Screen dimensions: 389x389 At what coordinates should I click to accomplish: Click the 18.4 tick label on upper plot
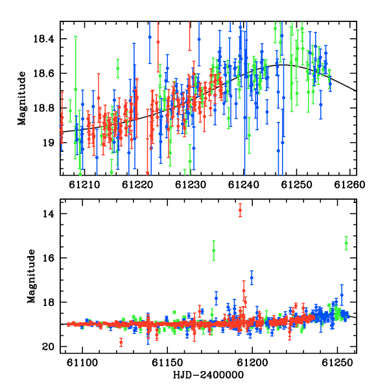pyautogui.click(x=43, y=39)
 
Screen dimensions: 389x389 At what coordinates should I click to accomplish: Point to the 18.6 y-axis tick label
pyautogui.click(x=43, y=74)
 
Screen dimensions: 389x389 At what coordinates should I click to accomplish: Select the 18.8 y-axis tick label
pyautogui.click(x=43, y=108)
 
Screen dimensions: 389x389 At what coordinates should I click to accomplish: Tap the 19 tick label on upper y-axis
pyautogui.click(x=47, y=143)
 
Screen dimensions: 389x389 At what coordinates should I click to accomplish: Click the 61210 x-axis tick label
pyautogui.click(x=84, y=185)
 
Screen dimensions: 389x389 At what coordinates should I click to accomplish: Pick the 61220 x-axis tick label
pyautogui.click(x=137, y=185)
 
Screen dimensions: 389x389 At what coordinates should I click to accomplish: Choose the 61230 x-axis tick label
pyautogui.click(x=190, y=185)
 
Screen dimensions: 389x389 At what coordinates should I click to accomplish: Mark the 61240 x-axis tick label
pyautogui.click(x=243, y=185)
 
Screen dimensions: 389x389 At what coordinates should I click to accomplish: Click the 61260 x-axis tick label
pyautogui.click(x=349, y=185)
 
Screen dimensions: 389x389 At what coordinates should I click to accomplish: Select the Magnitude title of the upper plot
pyautogui.click(x=22, y=99)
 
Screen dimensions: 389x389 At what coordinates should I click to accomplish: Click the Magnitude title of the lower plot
pyautogui.click(x=31, y=276)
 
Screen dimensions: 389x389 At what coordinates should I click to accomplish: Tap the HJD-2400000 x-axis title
pyautogui.click(x=208, y=375)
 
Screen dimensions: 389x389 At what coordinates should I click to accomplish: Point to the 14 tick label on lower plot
pyautogui.click(x=47, y=214)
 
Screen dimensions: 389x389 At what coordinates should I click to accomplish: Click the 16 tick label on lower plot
pyautogui.click(x=47, y=258)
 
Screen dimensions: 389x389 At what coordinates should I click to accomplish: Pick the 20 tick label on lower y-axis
pyautogui.click(x=47, y=347)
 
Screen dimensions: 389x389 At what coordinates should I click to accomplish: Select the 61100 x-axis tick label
pyautogui.click(x=82, y=362)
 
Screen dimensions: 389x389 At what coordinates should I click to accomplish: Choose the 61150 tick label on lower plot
pyautogui.click(x=167, y=362)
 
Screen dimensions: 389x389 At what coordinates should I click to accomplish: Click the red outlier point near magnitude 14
pyautogui.click(x=240, y=210)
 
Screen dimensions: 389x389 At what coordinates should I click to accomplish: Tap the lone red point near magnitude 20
pyautogui.click(x=121, y=342)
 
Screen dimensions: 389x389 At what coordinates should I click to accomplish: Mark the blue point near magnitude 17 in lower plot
pyautogui.click(x=252, y=277)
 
